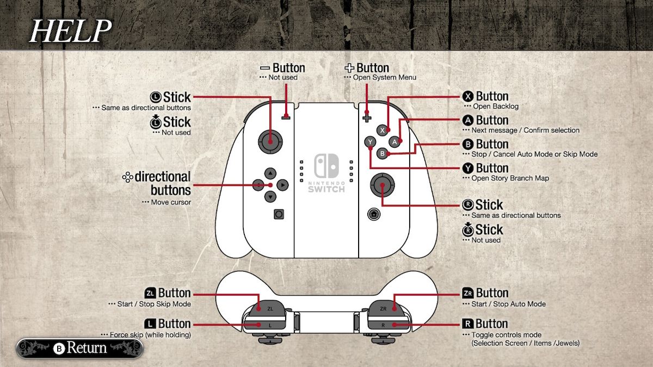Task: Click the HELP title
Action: (x=71, y=31)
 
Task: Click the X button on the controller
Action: (x=382, y=130)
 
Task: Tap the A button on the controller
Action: (x=395, y=142)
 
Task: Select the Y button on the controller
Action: (x=370, y=142)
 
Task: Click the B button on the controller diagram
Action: (x=382, y=153)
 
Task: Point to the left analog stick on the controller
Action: (x=270, y=141)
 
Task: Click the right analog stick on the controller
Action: (x=382, y=185)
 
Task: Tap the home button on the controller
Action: (x=374, y=214)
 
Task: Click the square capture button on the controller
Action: (x=279, y=214)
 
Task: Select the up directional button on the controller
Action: (x=270, y=173)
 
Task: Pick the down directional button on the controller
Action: (x=270, y=197)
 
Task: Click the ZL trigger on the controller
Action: (x=267, y=308)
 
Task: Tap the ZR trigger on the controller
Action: (x=387, y=308)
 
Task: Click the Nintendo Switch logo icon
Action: (x=326, y=165)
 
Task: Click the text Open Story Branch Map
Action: (x=510, y=178)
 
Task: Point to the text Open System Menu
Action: (x=385, y=77)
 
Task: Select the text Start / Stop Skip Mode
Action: (x=154, y=304)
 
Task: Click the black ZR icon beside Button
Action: (x=467, y=293)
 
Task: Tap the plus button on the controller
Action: (x=367, y=119)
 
